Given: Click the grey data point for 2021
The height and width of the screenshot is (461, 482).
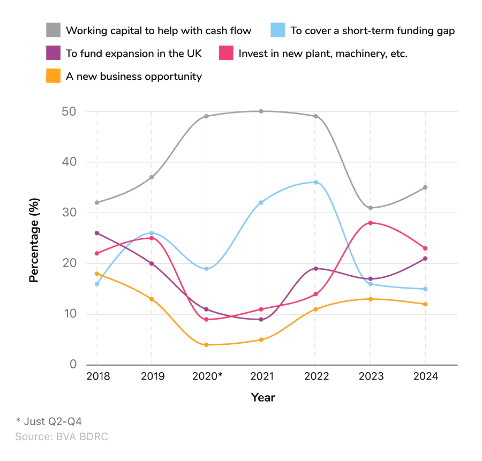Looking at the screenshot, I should point(261,111).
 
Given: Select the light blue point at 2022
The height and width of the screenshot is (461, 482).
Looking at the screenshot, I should point(316,182).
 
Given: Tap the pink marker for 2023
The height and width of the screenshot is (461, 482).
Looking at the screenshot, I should point(371,223).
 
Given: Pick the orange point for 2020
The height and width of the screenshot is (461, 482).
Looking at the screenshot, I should point(206,345).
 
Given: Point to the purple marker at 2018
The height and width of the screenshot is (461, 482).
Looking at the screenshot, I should point(97,233).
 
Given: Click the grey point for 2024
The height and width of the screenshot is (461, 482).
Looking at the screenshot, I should point(425,187).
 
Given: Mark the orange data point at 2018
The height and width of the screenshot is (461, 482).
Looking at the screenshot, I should point(97,274).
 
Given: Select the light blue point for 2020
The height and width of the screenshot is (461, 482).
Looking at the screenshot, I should point(206,269).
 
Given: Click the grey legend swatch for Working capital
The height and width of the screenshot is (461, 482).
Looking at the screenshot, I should point(53,31).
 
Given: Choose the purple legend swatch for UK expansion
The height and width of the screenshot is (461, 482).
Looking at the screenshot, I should point(53,54).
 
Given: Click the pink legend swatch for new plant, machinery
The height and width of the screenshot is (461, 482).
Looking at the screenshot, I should point(225,54).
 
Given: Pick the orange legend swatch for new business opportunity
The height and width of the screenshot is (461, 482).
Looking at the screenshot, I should point(53,77).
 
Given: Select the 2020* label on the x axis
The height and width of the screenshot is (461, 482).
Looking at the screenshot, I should point(207,376).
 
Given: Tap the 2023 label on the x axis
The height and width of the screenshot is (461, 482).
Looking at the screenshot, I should point(371,376).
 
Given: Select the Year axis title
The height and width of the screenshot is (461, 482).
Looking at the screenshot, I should point(263,397).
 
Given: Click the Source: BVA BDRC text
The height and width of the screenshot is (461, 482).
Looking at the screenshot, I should point(62,437).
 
